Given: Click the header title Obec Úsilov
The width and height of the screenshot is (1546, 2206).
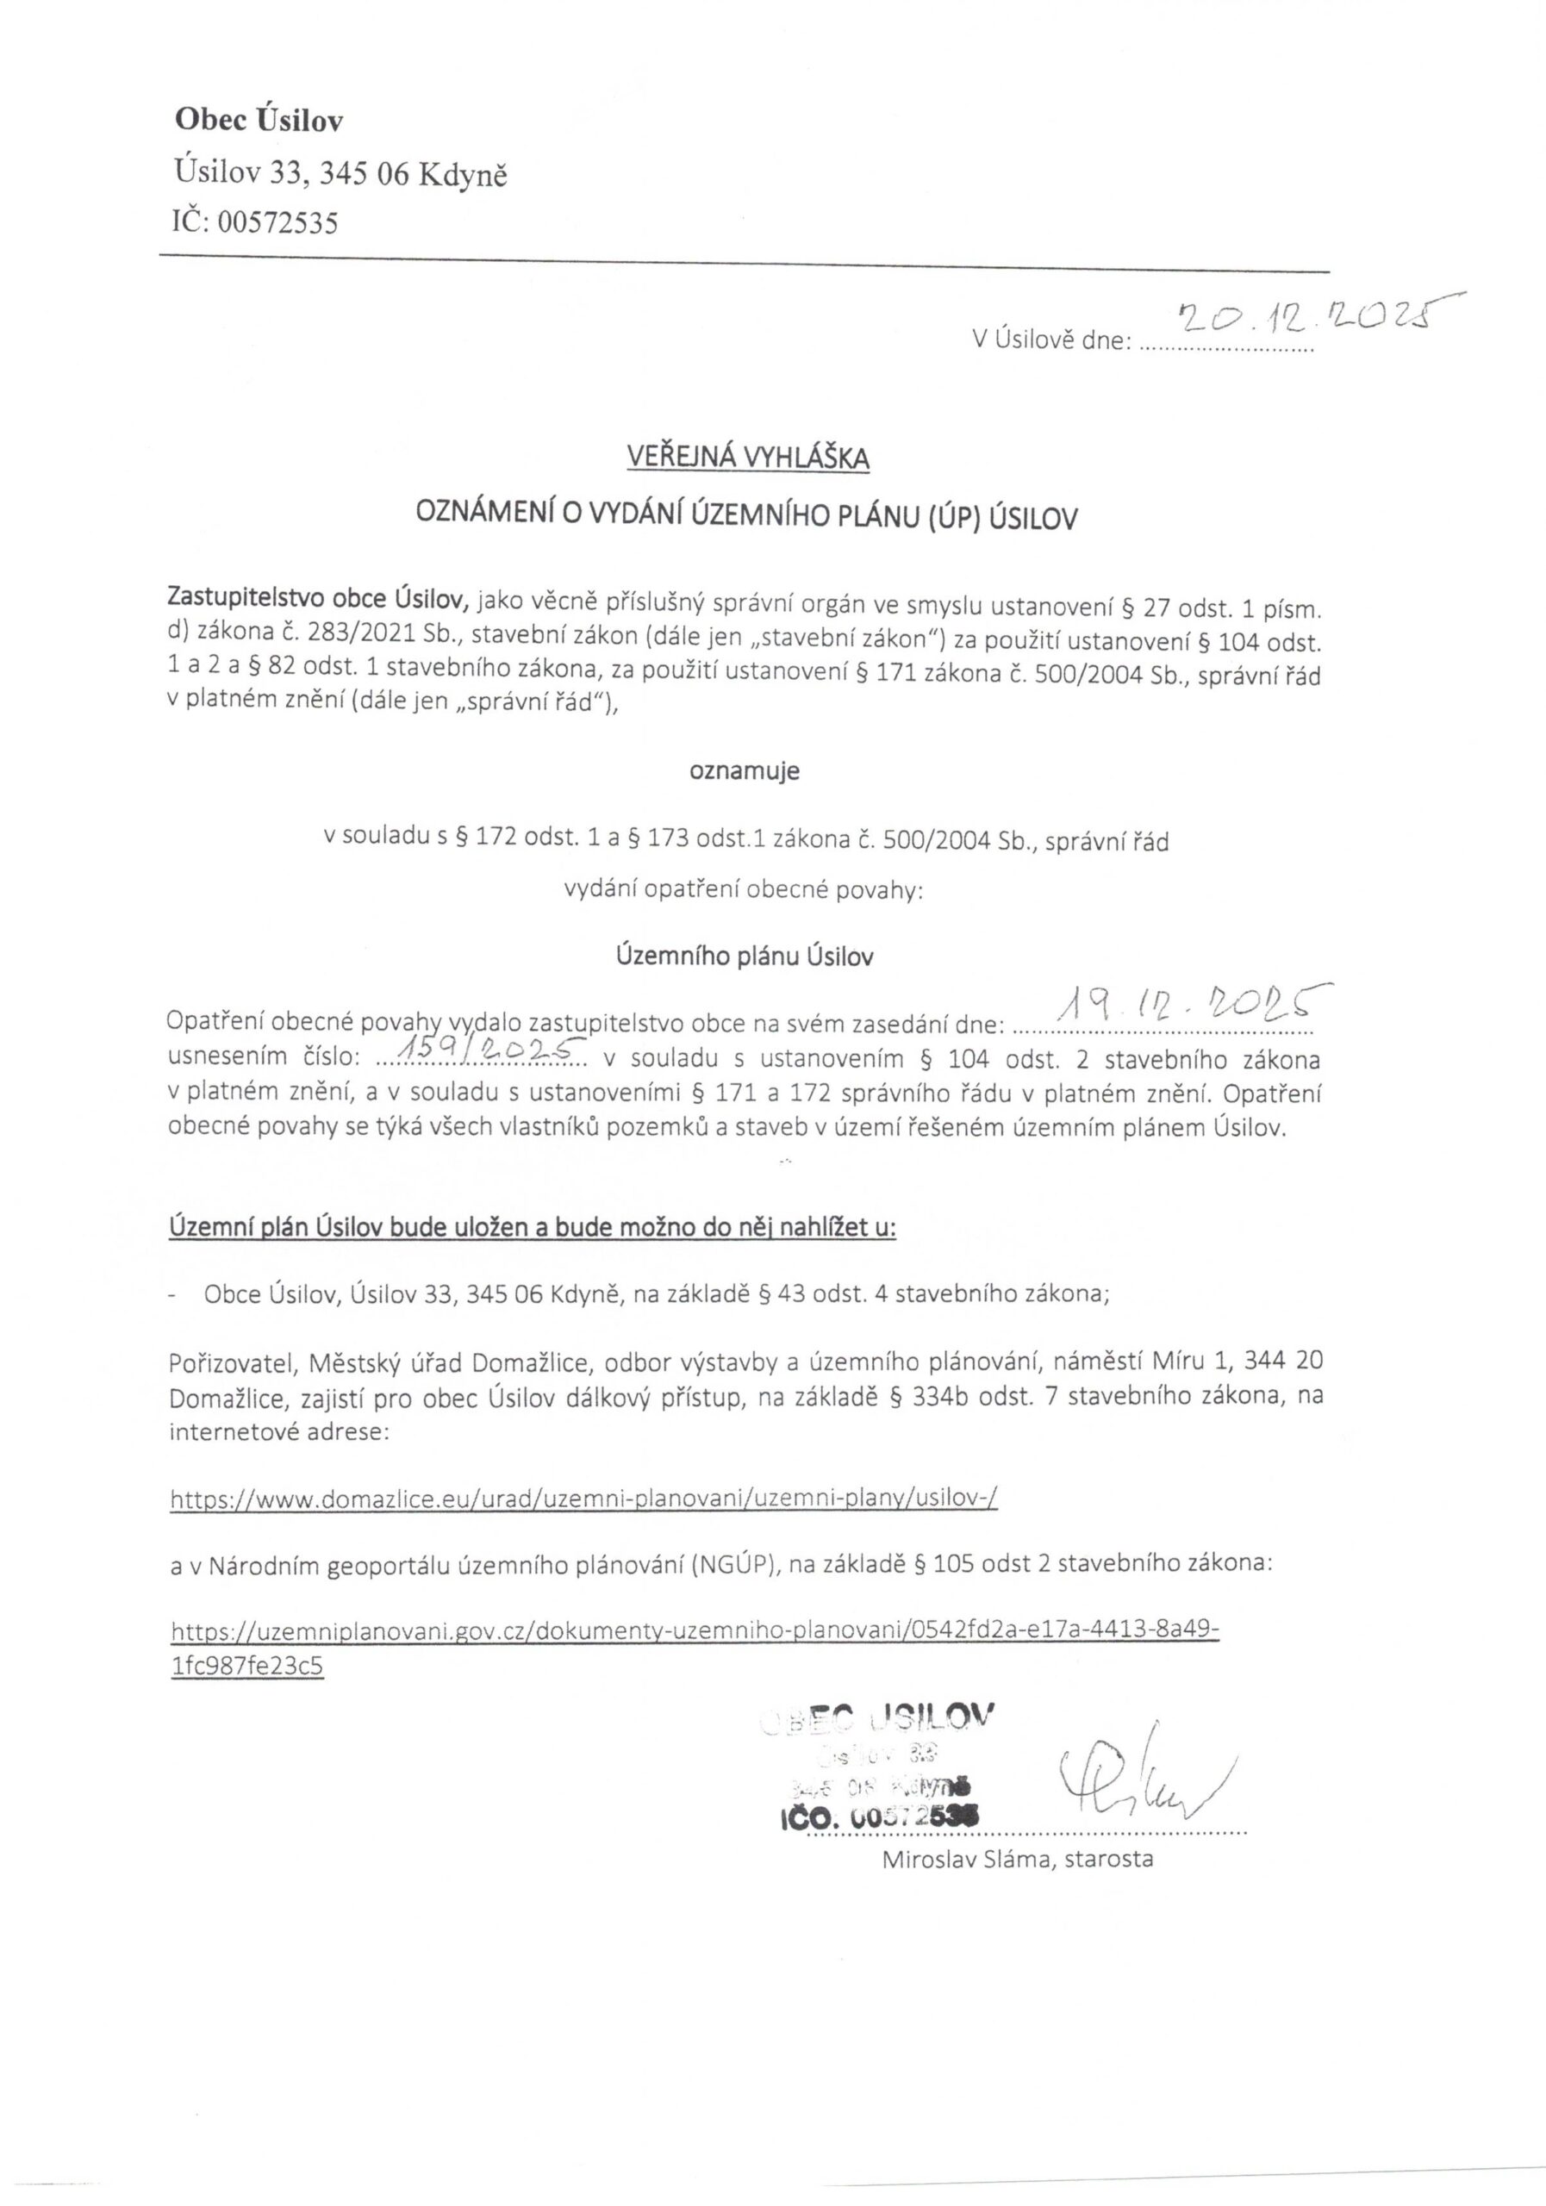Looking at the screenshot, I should [259, 120].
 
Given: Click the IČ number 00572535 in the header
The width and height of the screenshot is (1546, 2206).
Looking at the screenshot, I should [277, 224].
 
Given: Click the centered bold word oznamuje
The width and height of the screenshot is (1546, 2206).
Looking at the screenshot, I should [744, 771].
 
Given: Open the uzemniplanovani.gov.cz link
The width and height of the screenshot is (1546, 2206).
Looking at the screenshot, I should [694, 1630].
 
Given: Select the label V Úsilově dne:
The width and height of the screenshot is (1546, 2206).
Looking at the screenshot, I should [1051, 340].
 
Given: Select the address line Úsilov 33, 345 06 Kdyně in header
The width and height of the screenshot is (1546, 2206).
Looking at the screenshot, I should [341, 174].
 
